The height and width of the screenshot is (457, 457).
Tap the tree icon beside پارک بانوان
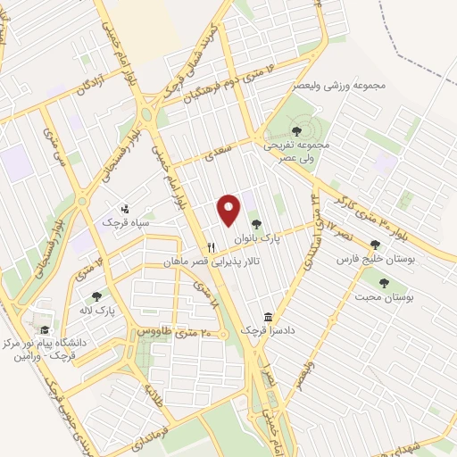coord(257,226)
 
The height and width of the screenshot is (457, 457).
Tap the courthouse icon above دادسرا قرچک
coord(268,317)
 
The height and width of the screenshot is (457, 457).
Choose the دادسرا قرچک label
coord(268,331)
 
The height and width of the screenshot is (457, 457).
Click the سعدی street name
coord(212,155)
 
